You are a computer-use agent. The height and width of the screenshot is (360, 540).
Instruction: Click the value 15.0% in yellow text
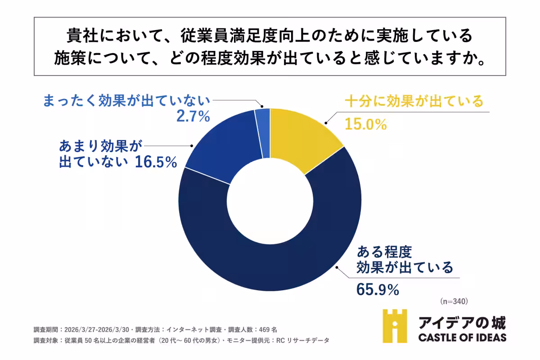point(366,124)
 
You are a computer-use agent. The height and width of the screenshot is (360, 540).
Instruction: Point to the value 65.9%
point(378,290)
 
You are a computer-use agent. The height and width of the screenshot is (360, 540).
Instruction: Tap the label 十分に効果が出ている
point(414,101)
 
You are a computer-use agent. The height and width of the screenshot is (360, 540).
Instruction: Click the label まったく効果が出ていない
point(126,101)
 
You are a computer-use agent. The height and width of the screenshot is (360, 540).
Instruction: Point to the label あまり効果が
point(97,146)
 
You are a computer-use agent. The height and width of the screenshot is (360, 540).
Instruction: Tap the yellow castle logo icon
point(395,326)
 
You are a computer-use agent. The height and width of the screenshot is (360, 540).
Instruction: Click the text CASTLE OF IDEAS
point(462,337)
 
